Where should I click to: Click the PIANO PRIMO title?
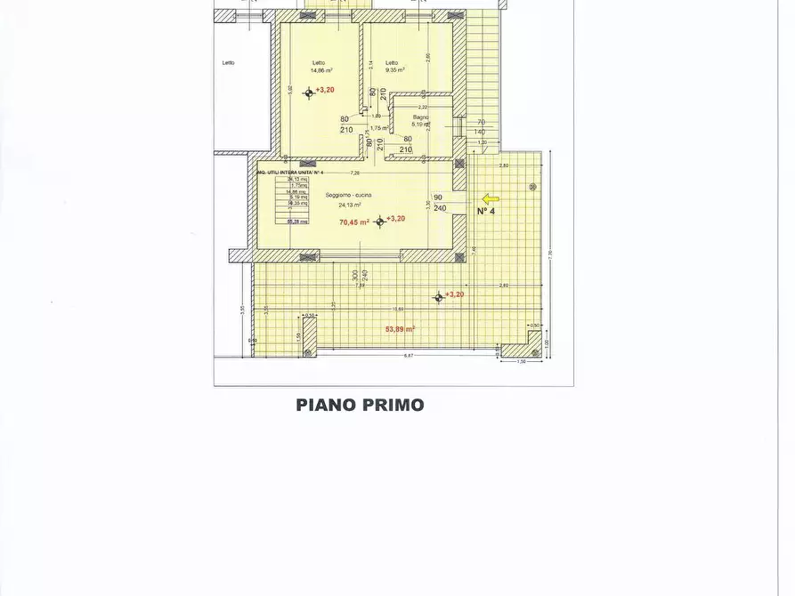click(x=360, y=406)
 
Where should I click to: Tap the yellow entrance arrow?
click(x=491, y=199)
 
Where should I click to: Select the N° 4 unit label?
click(x=486, y=212)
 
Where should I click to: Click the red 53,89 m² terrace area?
click(x=401, y=328)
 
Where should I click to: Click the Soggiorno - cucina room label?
click(x=342, y=194)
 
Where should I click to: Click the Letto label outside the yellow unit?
click(x=229, y=62)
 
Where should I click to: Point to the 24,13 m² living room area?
click(x=350, y=204)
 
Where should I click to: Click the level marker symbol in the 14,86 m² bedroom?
click(x=309, y=92)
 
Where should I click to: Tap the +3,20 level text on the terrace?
click(x=454, y=294)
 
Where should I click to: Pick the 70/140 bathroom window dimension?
click(x=481, y=127)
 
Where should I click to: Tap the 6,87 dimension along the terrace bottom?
click(x=409, y=355)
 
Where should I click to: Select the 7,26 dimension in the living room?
click(x=354, y=173)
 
